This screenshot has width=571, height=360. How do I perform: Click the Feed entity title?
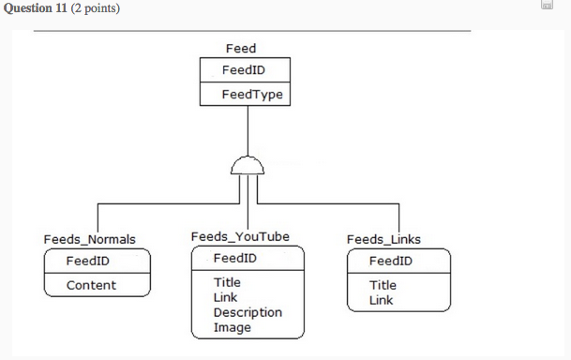tap(241, 48)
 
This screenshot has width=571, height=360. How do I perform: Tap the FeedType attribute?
tap(252, 95)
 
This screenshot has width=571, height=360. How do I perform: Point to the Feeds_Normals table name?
tap(89, 239)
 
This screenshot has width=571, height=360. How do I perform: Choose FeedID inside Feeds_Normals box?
tap(88, 261)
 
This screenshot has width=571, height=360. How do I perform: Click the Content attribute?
tap(91, 285)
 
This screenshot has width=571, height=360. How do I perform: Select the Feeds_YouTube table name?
tap(240, 236)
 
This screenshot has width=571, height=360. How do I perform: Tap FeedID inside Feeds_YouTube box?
tap(235, 258)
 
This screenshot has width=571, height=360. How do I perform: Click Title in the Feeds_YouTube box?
tap(227, 282)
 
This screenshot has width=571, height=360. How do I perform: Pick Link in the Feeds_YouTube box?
tap(225, 297)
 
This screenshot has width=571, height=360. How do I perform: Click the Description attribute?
tap(248, 312)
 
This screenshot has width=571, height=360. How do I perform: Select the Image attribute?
tap(232, 327)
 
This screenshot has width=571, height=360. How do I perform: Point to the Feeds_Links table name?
tap(383, 239)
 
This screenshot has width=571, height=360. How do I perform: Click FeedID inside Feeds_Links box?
tap(391, 261)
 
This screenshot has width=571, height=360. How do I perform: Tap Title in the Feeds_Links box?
tap(383, 285)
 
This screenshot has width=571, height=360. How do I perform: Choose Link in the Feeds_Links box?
tap(381, 300)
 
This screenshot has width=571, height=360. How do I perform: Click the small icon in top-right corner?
tap(547, 7)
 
